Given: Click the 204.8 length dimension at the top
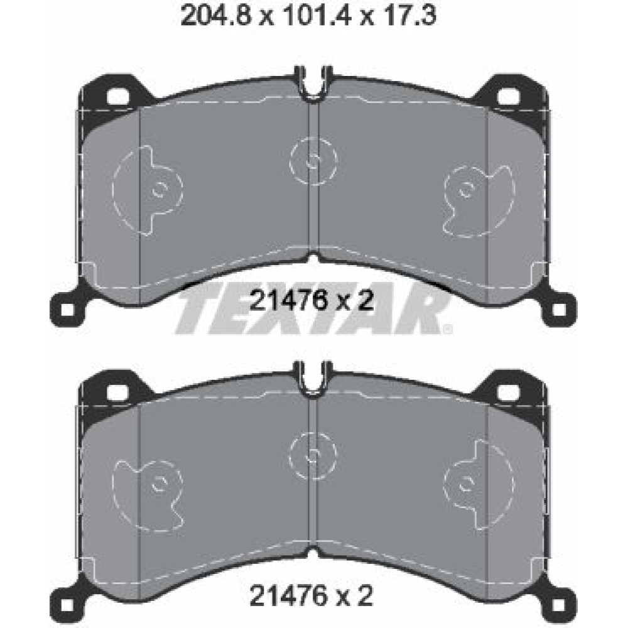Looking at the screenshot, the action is coord(216,16).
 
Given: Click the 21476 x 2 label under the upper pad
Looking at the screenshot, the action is coord(311,300).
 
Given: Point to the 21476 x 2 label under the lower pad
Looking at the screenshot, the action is coord(311,595).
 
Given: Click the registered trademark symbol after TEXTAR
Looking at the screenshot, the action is coord(448,329).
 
